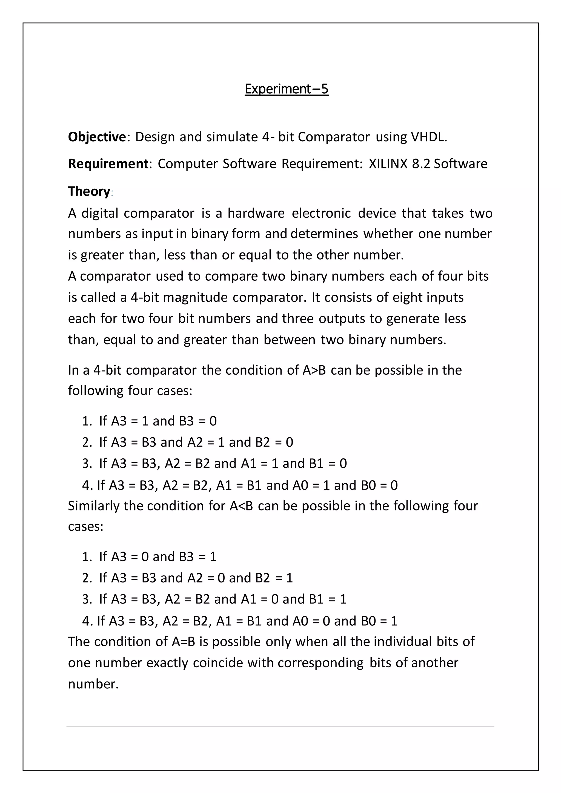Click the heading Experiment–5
pyautogui.click(x=286, y=89)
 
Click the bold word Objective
pyautogui.click(x=97, y=137)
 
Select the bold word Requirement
pyautogui.click(x=108, y=164)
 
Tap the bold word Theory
pyautogui.click(x=89, y=191)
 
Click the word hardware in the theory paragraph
pyautogui.click(x=256, y=213)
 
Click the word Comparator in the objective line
pyautogui.click(x=334, y=137)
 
